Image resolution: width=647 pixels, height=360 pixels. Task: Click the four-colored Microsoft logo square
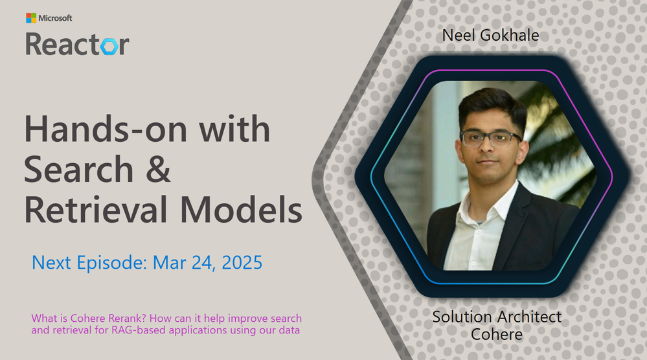click(x=31, y=17)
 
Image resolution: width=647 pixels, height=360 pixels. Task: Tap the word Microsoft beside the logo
click(x=55, y=18)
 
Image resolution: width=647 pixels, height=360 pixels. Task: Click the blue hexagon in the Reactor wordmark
click(x=109, y=47)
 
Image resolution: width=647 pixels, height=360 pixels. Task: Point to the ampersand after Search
click(x=157, y=169)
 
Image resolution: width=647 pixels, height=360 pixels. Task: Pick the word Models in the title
click(x=241, y=210)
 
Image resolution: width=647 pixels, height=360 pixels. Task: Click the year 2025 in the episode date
click(x=242, y=263)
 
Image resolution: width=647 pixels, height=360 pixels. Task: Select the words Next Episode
click(x=89, y=263)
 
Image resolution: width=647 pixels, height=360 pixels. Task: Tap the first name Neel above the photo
click(x=459, y=36)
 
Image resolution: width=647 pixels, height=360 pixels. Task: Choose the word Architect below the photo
click(x=529, y=317)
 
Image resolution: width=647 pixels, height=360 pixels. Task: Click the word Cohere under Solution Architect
click(x=497, y=335)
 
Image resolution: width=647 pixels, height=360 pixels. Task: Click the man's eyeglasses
click(x=490, y=139)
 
